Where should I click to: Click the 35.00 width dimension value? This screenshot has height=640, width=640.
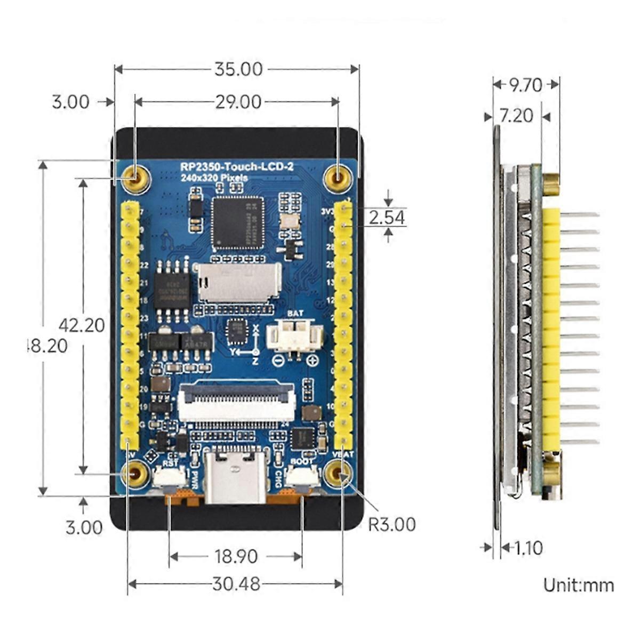point(238,69)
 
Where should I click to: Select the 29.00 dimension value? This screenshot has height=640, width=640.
point(238,102)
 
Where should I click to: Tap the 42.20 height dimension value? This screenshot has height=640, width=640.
point(82,325)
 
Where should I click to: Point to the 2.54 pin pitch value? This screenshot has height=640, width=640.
point(387,217)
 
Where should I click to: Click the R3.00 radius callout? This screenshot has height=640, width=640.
point(392,524)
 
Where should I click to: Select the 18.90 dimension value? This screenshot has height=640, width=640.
point(236,557)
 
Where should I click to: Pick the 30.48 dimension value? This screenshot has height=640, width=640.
point(236,584)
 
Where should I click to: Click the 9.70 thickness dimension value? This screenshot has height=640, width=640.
point(525,85)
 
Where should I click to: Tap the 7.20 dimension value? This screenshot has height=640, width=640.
point(516,115)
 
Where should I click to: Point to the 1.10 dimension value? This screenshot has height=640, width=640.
point(527,548)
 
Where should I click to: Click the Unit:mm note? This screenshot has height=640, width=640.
point(578,585)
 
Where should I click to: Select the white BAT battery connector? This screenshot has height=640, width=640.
point(295,337)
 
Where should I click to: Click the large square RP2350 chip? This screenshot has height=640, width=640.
point(237,222)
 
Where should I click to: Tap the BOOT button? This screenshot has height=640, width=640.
point(302,477)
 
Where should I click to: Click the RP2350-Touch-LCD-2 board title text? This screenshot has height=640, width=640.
point(236,167)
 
